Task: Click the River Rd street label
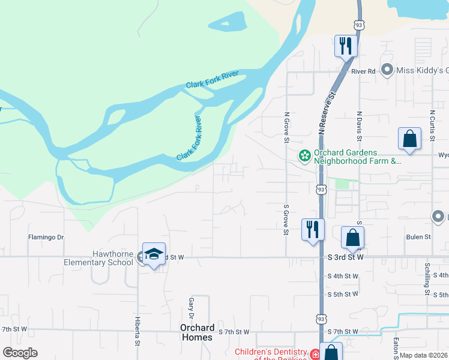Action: click(x=363, y=71)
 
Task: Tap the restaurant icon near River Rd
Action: click(x=346, y=46)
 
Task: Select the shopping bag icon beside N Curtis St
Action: click(x=409, y=138)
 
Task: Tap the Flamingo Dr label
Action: click(x=46, y=238)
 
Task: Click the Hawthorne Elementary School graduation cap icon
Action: click(x=154, y=254)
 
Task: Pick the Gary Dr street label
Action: click(x=192, y=308)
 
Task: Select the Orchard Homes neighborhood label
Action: click(x=197, y=332)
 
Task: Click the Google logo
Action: click(x=20, y=353)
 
